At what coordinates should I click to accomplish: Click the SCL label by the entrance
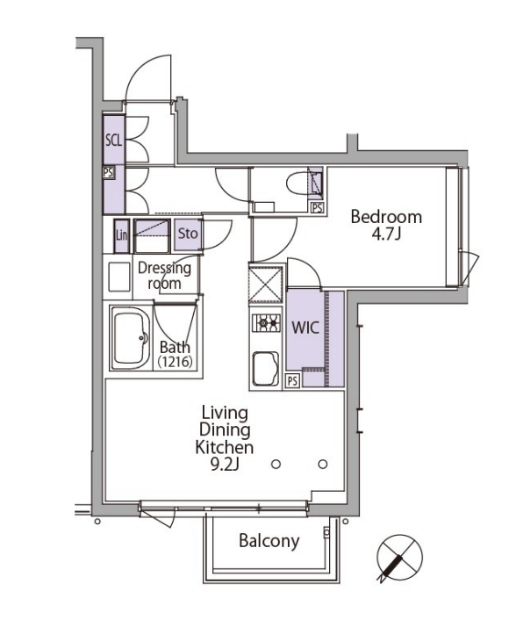point(113,141)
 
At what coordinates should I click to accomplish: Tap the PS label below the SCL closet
point(109,173)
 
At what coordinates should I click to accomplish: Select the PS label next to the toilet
point(316,207)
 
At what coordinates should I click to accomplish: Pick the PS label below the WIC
point(292,380)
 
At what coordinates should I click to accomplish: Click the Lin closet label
point(121,234)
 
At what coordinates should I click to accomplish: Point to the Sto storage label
point(188,234)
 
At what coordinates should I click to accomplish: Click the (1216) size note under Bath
point(176,362)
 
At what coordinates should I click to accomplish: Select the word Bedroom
point(386,217)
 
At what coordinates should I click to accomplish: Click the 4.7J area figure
point(386,234)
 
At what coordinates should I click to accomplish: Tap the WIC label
point(305,328)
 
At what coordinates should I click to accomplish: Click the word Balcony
point(269,541)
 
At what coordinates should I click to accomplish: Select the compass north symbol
point(399,559)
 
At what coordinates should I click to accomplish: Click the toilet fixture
point(298,184)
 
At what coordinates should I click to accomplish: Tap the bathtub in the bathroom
point(131,339)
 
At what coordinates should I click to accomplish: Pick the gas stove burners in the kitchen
point(266,324)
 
